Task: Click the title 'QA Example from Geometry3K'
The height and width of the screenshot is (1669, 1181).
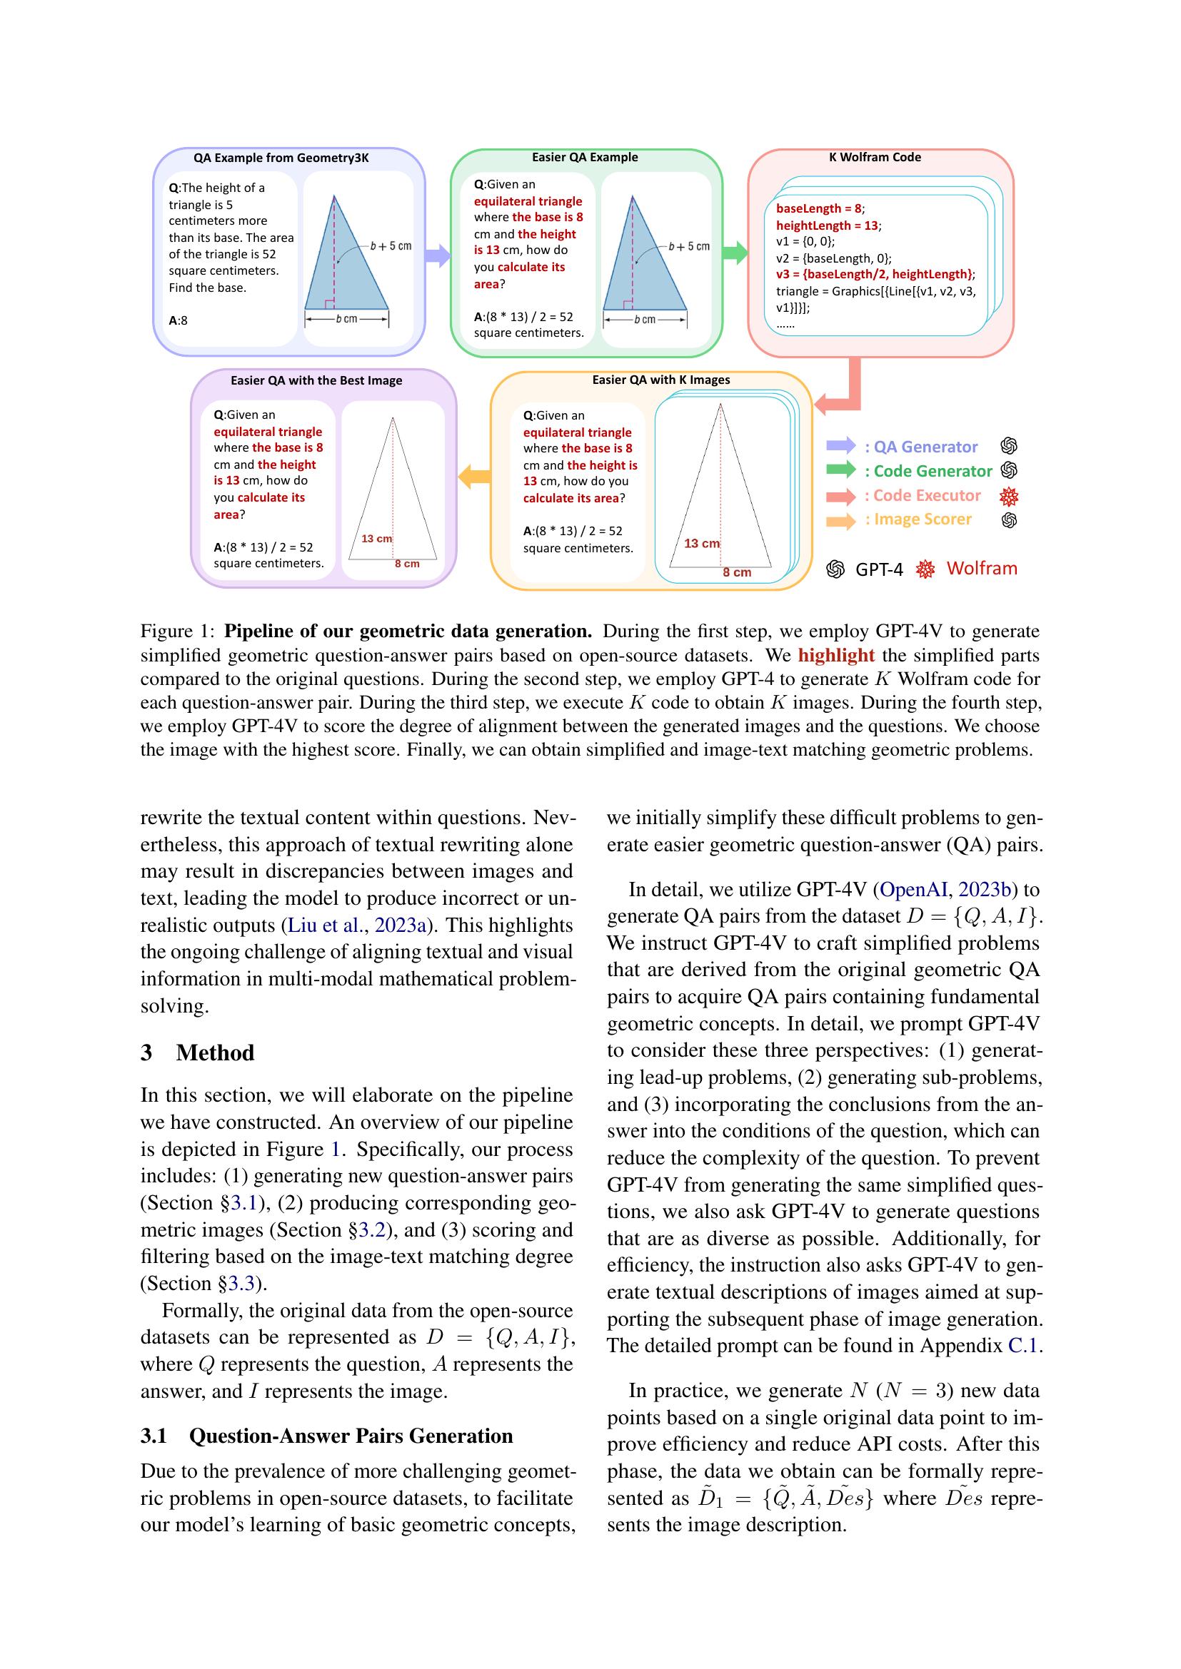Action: tap(281, 158)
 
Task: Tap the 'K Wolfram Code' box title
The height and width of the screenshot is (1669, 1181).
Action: tap(875, 157)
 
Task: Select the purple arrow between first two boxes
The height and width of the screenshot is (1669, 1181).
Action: tap(437, 255)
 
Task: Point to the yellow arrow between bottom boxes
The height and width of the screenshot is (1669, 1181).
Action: tap(474, 477)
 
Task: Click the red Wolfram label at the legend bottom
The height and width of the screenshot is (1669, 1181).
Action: tap(981, 569)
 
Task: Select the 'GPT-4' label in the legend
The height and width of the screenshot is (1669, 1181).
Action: tap(878, 569)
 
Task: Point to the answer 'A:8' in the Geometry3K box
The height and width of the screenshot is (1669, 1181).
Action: tap(179, 320)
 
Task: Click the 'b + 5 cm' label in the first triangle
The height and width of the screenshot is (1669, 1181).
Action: tap(391, 245)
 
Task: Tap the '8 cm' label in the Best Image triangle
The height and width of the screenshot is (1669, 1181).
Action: tap(406, 564)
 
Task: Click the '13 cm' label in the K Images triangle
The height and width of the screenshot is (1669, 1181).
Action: tap(701, 543)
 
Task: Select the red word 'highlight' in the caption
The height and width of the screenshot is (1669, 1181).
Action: tap(835, 655)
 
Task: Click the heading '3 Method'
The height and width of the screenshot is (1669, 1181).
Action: tap(198, 1052)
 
